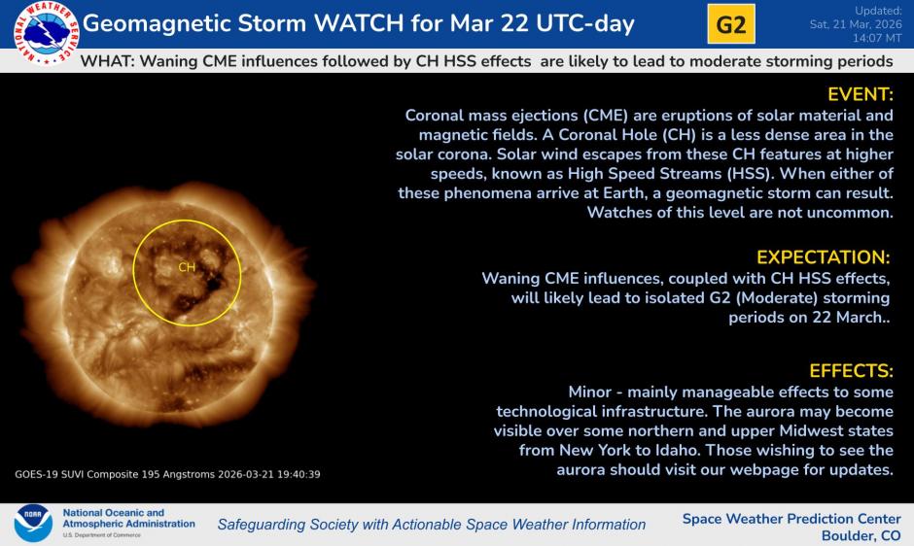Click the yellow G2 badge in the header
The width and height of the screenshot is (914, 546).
731,24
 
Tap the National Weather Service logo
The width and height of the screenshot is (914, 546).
46,33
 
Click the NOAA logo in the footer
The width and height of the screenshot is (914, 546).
33,523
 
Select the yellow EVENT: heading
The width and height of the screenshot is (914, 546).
861,94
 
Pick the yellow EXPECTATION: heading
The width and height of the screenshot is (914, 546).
823,257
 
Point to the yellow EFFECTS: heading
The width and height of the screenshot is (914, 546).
851,370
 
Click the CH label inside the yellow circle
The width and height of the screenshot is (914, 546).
187,267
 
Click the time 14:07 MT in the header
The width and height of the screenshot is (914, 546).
877,38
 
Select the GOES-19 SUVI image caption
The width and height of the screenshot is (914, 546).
167,474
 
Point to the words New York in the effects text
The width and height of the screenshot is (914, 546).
595,451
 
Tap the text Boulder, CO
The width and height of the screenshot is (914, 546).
861,535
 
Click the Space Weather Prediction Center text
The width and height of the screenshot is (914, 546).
791,519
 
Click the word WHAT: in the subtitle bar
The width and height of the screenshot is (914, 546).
108,61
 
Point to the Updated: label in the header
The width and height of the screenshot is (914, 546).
878,11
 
